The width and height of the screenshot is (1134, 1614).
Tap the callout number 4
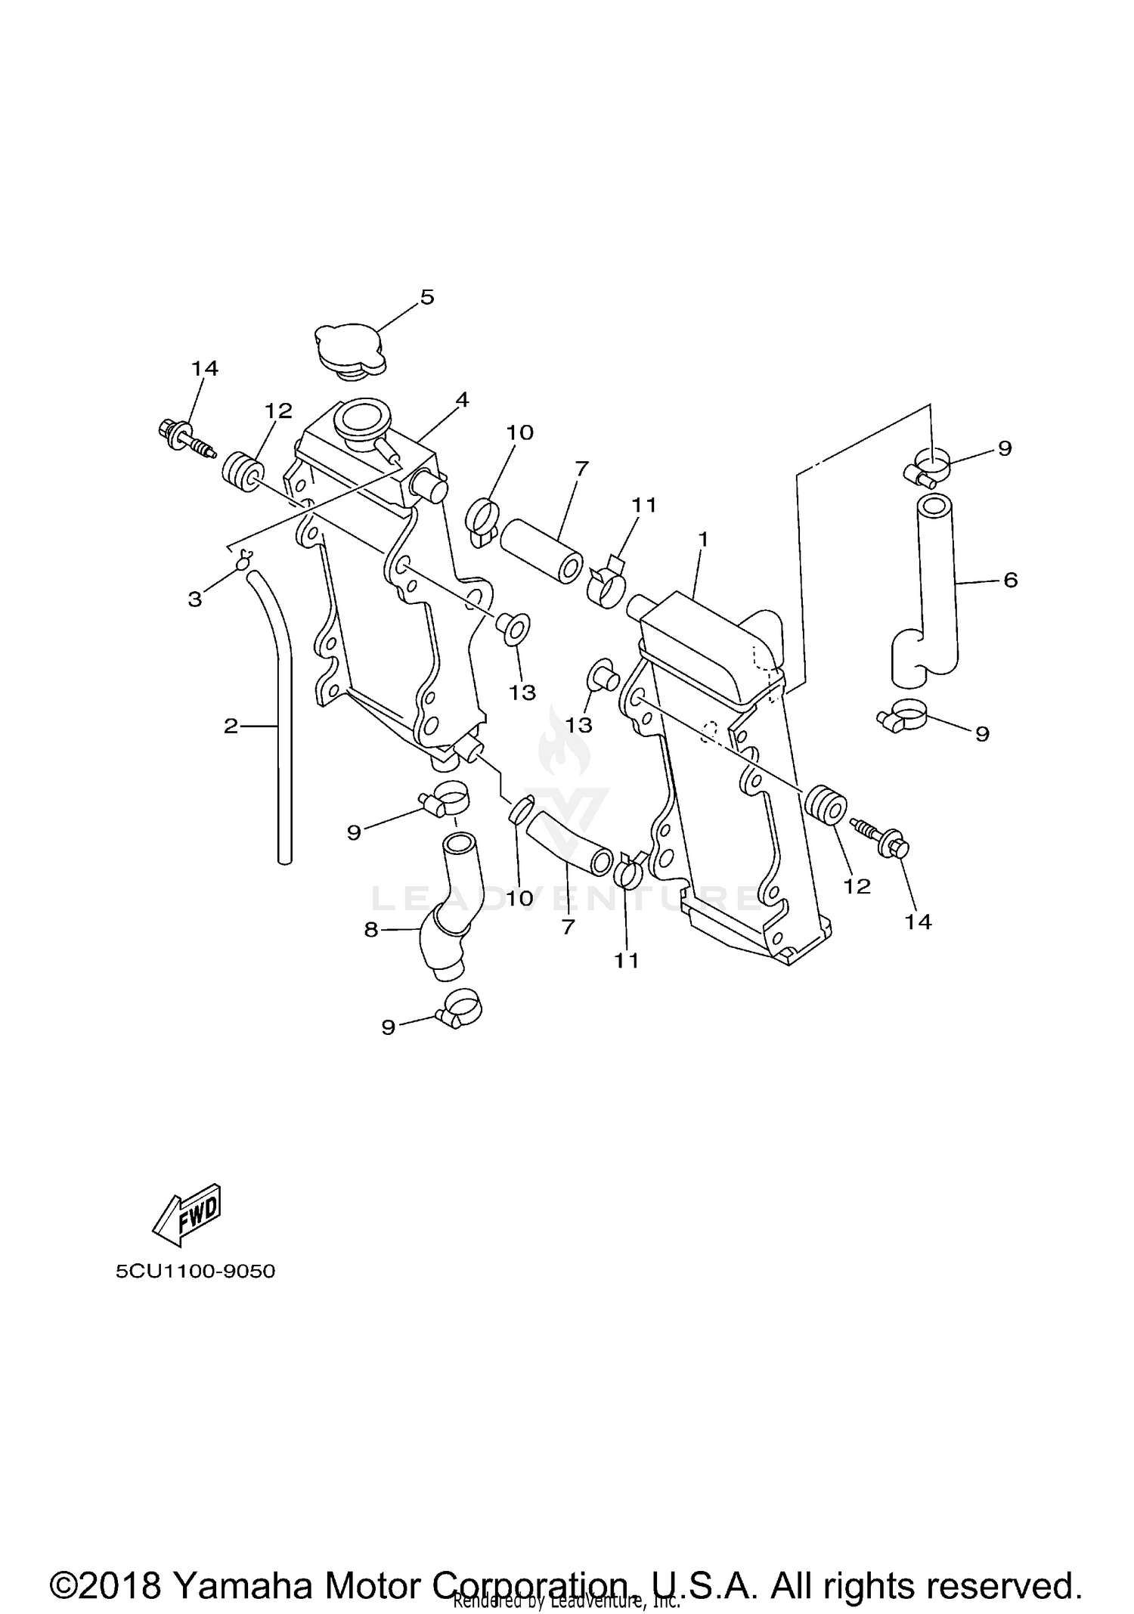[461, 400]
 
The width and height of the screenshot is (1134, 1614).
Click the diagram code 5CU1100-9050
[195, 1271]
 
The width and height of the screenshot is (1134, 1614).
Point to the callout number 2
[231, 726]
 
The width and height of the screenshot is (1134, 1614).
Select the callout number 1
[703, 539]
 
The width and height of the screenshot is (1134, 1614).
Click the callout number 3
[195, 599]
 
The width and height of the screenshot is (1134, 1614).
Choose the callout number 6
[1011, 580]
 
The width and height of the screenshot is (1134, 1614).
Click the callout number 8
[370, 929]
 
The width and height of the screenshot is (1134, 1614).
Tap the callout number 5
[427, 297]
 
